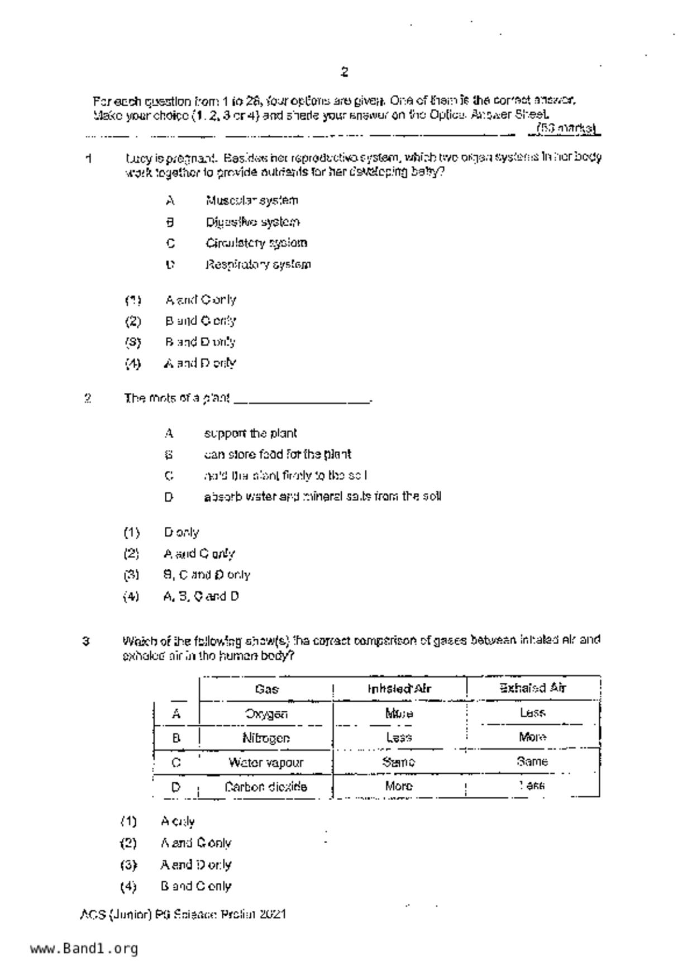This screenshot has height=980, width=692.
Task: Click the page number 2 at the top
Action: click(344, 72)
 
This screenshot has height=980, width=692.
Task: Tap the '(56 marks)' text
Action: click(565, 129)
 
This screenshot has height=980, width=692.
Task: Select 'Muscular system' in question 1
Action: click(251, 200)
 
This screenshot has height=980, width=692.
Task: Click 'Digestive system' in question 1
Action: click(252, 222)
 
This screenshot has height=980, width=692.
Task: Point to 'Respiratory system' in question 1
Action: click(257, 264)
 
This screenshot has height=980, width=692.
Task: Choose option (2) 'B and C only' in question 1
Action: click(200, 321)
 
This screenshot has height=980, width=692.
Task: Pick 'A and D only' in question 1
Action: click(200, 363)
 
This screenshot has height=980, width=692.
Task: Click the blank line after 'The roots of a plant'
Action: click(302, 399)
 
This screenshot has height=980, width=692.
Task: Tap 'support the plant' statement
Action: click(250, 434)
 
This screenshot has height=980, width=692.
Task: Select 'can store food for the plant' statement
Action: click(277, 454)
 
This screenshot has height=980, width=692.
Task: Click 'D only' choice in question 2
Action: click(181, 532)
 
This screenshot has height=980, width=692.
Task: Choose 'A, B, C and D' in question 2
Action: click(201, 596)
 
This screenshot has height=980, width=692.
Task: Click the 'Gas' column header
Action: click(266, 689)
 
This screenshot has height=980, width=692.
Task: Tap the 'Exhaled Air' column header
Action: click(533, 688)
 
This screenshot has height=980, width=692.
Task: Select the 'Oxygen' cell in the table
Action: click(266, 713)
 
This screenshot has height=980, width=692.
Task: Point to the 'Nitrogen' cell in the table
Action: click(266, 738)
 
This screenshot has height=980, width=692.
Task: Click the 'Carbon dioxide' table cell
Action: click(265, 787)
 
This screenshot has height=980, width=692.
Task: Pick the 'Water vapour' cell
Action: click(266, 762)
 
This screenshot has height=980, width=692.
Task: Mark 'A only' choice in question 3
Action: click(178, 821)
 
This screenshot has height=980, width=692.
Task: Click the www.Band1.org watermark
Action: click(84, 948)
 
